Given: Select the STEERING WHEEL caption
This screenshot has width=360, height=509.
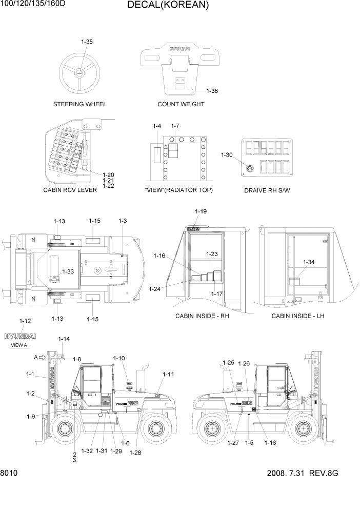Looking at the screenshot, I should click(x=80, y=104).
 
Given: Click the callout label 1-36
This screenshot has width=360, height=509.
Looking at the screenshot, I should click(x=212, y=91).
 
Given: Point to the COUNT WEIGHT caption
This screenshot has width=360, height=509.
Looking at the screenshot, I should click(x=181, y=104).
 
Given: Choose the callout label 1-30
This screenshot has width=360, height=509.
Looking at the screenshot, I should click(x=227, y=155).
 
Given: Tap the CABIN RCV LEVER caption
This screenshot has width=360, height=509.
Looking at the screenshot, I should click(x=67, y=190).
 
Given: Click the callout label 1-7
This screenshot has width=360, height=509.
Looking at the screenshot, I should click(x=175, y=126).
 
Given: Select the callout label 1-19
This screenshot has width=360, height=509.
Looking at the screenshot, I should click(x=201, y=211).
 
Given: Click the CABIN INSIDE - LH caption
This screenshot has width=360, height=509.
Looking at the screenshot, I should click(x=298, y=316).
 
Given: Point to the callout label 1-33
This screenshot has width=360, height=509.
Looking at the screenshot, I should click(x=68, y=271).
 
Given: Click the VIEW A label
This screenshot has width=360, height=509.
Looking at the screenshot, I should click(x=18, y=345).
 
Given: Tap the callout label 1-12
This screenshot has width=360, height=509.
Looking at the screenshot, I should click(x=25, y=321).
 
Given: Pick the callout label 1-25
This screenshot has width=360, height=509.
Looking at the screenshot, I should click(x=229, y=363).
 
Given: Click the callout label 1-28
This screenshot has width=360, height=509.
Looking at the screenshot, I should click(x=135, y=453).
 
